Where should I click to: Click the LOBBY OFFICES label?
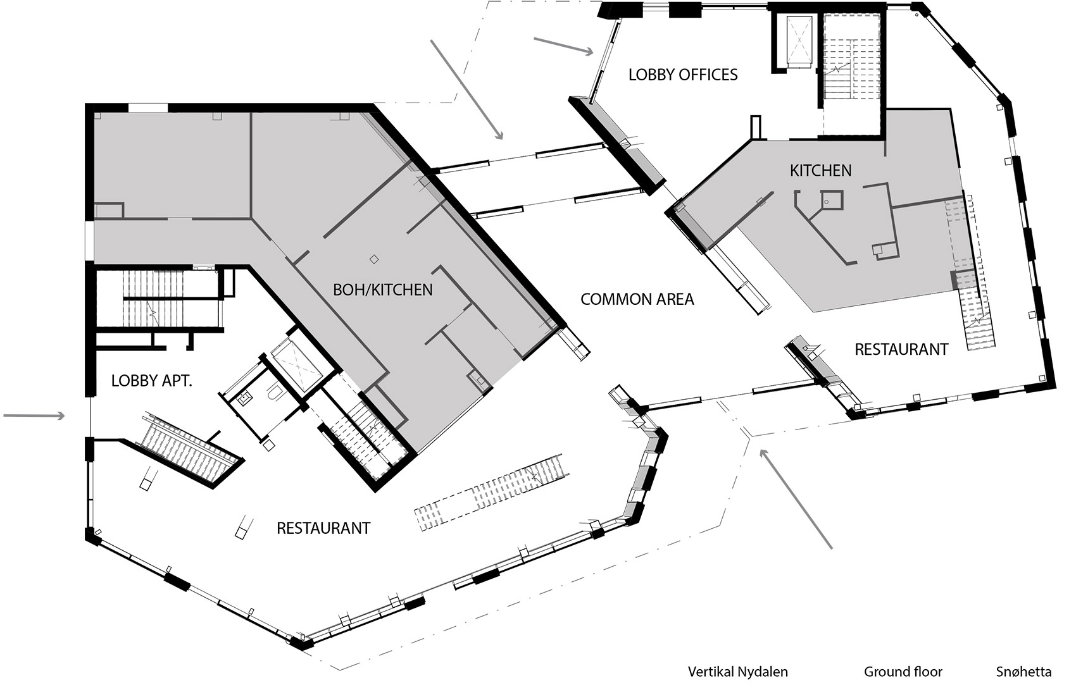point(683,75)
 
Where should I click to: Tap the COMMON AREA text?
point(637,299)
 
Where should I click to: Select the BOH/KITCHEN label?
point(383,290)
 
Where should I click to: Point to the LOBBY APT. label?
point(151,381)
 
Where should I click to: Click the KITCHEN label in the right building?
point(820,170)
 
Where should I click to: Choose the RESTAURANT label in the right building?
point(901,349)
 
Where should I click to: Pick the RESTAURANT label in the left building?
point(323,527)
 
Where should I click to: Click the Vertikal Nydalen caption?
point(737,672)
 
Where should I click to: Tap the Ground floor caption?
point(903,672)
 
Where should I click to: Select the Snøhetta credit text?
point(1023,672)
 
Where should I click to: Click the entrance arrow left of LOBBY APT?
point(34,416)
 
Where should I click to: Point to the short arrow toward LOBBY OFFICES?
point(563,46)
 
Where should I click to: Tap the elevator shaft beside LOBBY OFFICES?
point(798,41)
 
